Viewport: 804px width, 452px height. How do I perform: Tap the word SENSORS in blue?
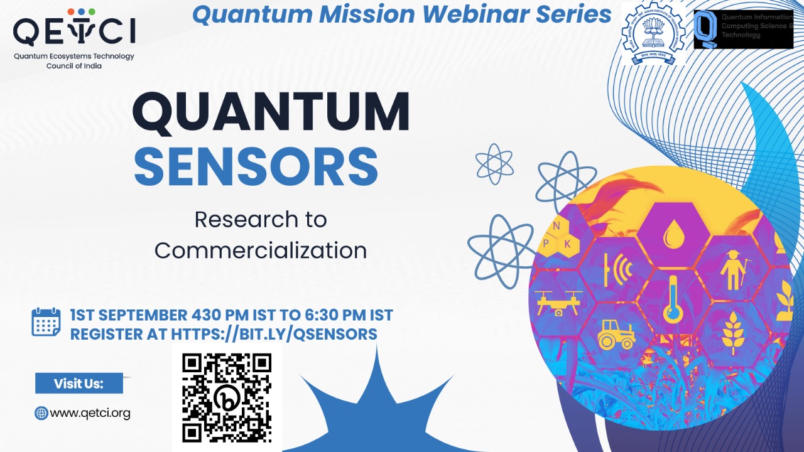(x=256, y=166)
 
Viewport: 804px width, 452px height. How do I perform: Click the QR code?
(x=227, y=397)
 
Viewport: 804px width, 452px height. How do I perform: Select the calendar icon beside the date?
(x=46, y=322)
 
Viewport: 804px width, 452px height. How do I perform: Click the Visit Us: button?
(x=79, y=383)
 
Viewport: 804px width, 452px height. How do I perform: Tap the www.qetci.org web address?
(x=90, y=413)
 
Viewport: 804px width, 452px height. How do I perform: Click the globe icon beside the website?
(x=41, y=413)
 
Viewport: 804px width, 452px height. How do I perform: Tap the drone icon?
(x=558, y=301)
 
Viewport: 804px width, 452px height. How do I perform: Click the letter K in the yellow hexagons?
(x=568, y=244)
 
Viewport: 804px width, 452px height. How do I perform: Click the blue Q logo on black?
(x=706, y=30)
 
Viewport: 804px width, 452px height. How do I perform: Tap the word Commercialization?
(x=261, y=250)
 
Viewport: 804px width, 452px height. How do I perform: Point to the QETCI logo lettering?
(x=74, y=31)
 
